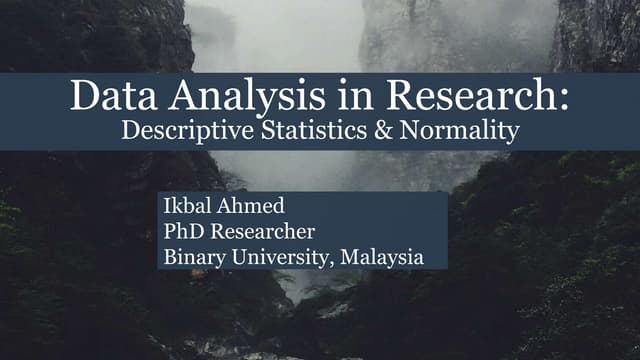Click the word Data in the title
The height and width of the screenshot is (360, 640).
click(105, 98)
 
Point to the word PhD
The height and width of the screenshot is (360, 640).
click(182, 232)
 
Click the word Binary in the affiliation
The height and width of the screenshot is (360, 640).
click(191, 257)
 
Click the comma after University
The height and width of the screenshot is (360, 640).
click(333, 263)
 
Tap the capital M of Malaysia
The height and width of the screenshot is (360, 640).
click(349, 257)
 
